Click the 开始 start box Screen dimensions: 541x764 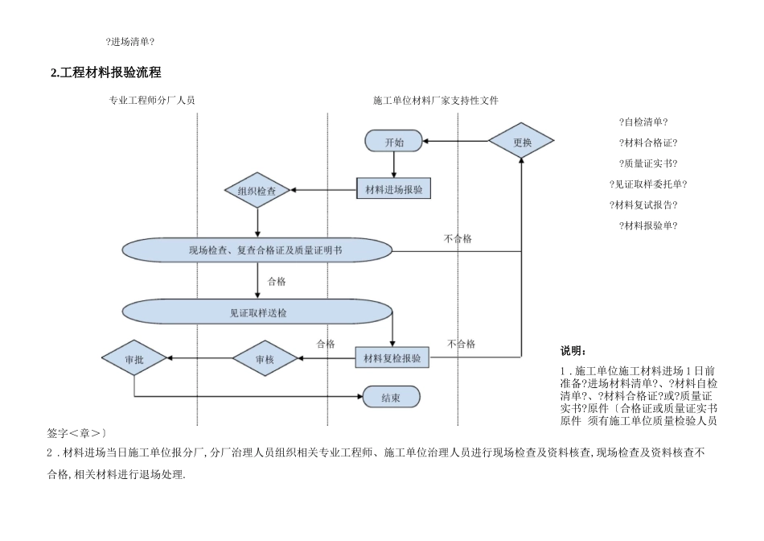[x=394, y=142]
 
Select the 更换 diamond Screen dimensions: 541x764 [x=522, y=142]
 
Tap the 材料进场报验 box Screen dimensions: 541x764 [x=393, y=190]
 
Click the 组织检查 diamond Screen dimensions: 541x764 [x=257, y=191]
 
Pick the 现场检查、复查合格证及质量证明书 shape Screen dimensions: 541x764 [x=257, y=250]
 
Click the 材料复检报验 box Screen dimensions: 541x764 [x=392, y=358]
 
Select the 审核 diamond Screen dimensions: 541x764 [x=265, y=359]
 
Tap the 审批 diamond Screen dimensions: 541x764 [x=134, y=359]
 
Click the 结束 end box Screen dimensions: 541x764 [x=392, y=396]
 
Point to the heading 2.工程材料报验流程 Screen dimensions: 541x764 [x=105, y=72]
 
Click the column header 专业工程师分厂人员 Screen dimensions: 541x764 [x=152, y=101]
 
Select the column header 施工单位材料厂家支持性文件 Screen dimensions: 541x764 [x=436, y=101]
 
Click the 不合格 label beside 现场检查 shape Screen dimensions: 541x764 [x=458, y=239]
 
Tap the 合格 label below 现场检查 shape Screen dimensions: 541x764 [x=277, y=282]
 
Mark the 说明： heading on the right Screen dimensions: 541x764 [x=573, y=351]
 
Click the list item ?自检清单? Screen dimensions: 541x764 [x=643, y=122]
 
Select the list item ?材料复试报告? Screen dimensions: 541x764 [x=643, y=204]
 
